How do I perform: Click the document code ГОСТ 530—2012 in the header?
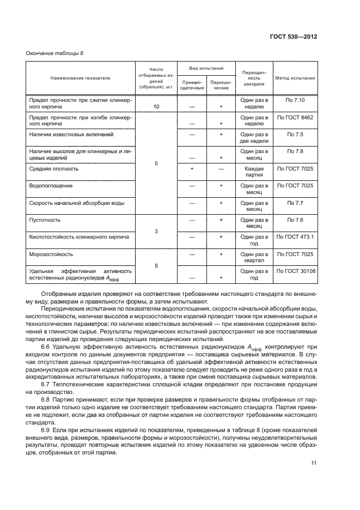pos(293,37)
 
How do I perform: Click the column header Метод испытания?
pos(295,78)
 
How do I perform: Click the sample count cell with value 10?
pos(156,107)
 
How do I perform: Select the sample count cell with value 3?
pos(156,232)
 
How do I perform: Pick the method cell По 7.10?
pos(295,100)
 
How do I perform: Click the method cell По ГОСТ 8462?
pos(295,117)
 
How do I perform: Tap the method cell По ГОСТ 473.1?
pos(295,237)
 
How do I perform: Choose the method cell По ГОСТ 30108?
pos(295,271)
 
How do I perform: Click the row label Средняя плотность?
pos(54,169)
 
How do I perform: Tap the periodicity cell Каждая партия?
pos(254,172)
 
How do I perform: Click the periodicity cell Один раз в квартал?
pos(254,257)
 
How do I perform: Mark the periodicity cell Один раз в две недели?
pos(254,138)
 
